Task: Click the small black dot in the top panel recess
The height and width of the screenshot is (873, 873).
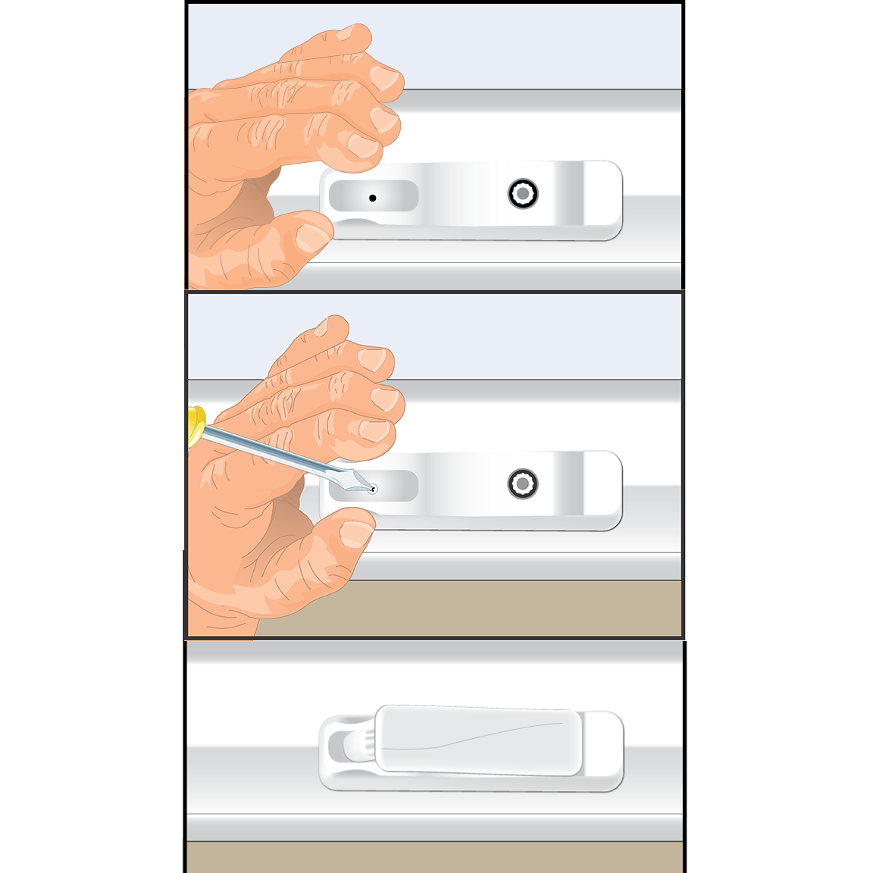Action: pyautogui.click(x=372, y=198)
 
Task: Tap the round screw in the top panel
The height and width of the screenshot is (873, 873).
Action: pyautogui.click(x=523, y=194)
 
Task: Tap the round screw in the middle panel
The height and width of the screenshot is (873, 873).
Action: pyautogui.click(x=523, y=483)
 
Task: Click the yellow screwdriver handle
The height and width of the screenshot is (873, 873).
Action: pyautogui.click(x=196, y=426)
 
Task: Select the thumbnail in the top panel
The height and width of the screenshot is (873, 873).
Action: pyautogui.click(x=311, y=236)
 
